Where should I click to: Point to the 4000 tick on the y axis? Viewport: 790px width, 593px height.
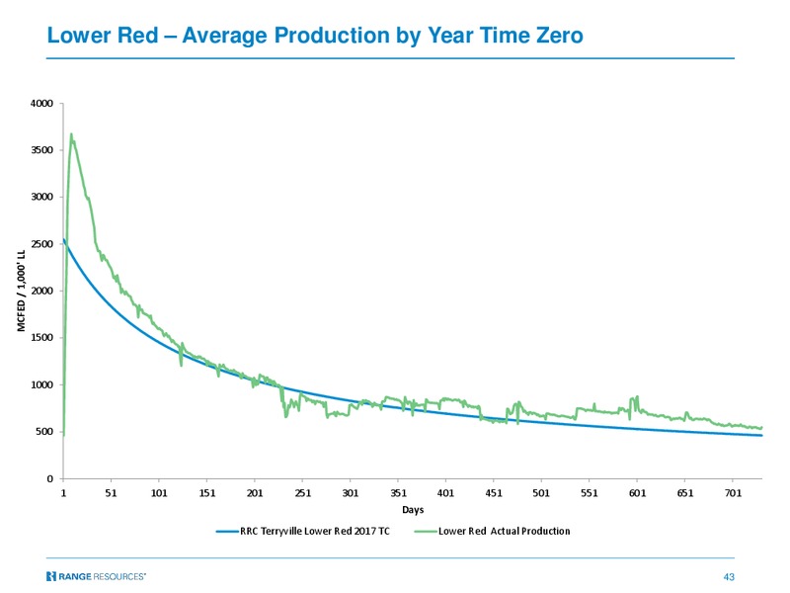tap(41, 104)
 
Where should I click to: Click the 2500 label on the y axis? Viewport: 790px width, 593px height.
tap(41, 244)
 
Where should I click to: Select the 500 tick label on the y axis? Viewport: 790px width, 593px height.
tap(43, 432)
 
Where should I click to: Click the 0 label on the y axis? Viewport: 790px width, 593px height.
tap(50, 478)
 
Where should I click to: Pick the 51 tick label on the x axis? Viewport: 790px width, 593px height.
tap(111, 492)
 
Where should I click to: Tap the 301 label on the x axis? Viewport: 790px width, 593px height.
tap(351, 492)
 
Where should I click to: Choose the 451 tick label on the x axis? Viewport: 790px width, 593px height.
tap(494, 492)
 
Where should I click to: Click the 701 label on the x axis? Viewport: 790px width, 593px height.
tap(733, 492)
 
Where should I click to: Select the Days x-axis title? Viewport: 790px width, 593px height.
tap(413, 510)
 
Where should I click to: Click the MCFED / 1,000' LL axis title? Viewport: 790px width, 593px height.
tap(21, 291)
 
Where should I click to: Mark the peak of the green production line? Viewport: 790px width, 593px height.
tap(71, 134)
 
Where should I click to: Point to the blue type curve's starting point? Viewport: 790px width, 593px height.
tap(63, 240)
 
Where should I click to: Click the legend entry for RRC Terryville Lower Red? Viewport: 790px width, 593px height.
tap(303, 531)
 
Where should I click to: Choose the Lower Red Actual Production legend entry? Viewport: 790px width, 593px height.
tap(492, 531)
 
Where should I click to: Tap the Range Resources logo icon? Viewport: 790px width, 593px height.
tap(51, 576)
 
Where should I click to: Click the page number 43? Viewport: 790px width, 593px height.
tap(729, 577)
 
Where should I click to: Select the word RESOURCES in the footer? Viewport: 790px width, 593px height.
tap(119, 576)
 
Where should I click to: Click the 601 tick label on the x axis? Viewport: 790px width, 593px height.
tap(637, 492)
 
